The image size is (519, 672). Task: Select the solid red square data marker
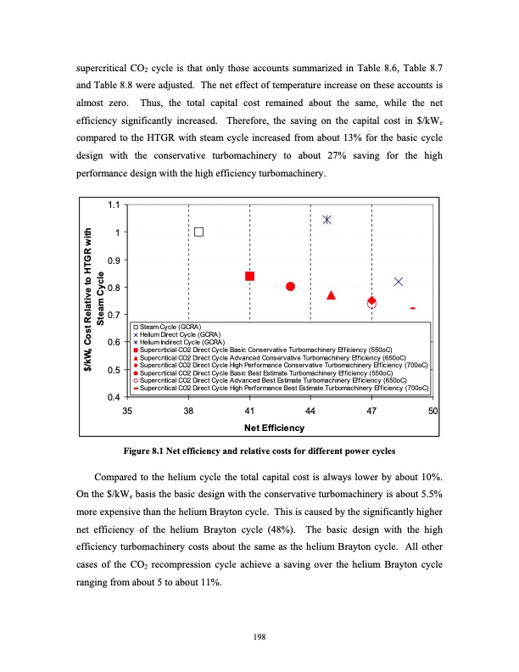point(250,276)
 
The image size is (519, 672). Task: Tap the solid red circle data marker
point(291,286)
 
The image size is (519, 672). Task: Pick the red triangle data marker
point(332,295)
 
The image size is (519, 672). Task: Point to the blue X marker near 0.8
point(399,282)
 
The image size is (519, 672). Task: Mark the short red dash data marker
point(412,308)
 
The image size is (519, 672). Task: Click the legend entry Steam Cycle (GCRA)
point(170,328)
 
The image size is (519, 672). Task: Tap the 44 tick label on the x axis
point(310,411)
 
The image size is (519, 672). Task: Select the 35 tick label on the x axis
point(127,411)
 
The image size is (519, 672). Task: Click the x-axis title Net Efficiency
point(280,427)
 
